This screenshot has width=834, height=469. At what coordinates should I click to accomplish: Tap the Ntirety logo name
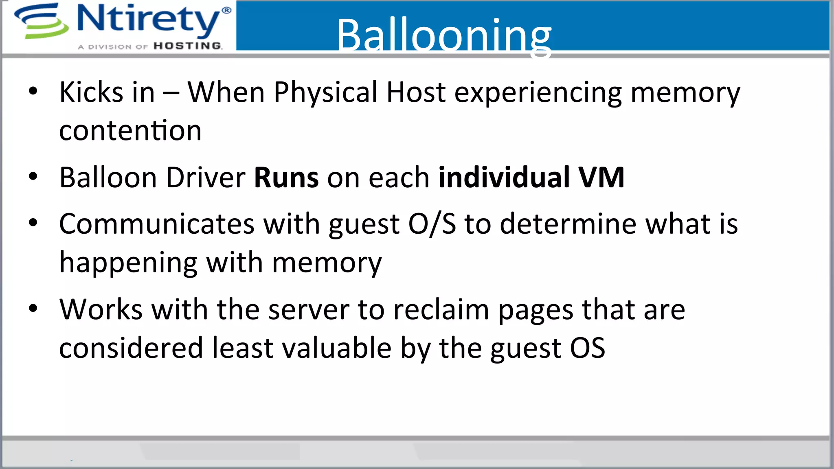click(x=148, y=19)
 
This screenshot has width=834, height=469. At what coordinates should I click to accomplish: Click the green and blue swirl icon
click(x=41, y=21)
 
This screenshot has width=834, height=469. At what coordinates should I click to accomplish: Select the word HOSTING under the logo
click(x=188, y=46)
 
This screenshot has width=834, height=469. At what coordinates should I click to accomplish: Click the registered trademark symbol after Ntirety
click(x=226, y=10)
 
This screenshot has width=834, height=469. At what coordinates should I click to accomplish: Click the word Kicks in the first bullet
click(x=91, y=92)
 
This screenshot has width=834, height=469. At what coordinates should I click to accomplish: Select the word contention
click(x=130, y=131)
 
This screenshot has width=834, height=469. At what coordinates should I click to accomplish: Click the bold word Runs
click(x=286, y=178)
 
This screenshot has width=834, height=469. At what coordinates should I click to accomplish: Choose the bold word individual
click(x=504, y=178)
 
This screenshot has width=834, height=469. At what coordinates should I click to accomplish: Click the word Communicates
click(x=157, y=224)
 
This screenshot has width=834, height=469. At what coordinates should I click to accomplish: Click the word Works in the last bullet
click(x=101, y=310)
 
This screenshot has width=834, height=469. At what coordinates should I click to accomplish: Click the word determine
click(x=568, y=224)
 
